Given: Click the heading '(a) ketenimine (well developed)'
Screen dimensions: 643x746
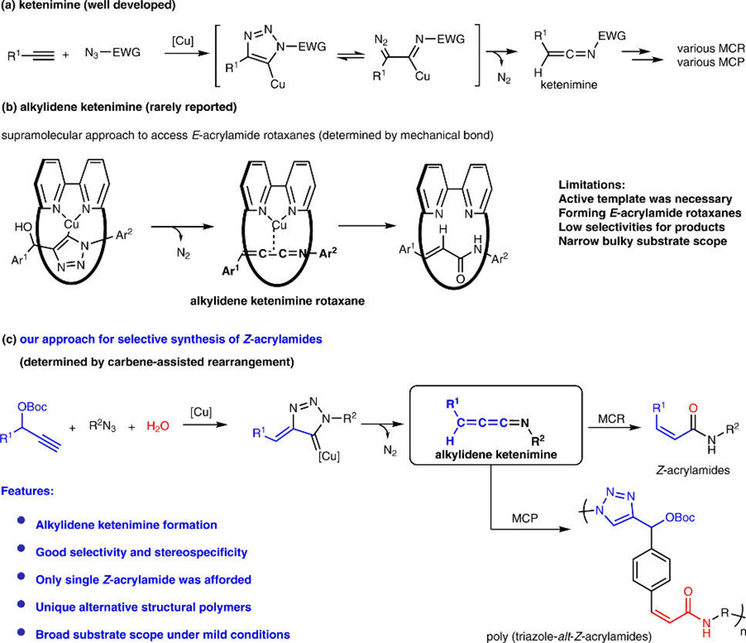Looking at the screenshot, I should (x=81, y=7).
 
